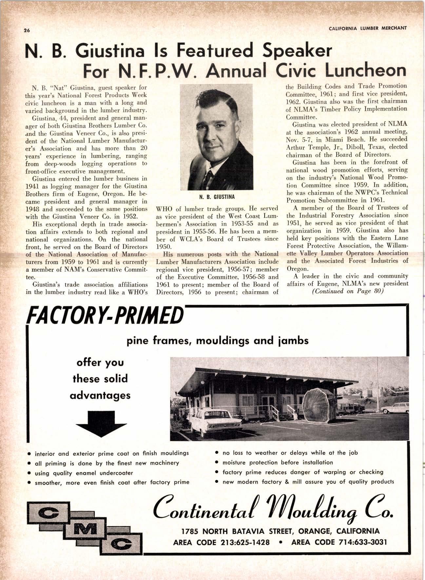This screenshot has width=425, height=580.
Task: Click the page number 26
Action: (x=27, y=30)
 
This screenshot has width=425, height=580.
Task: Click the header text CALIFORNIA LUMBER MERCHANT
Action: (x=368, y=28)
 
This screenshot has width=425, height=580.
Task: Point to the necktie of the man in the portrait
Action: (x=207, y=178)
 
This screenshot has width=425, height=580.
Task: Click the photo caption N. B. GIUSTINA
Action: (x=217, y=197)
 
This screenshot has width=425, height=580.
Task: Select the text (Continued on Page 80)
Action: (x=347, y=291)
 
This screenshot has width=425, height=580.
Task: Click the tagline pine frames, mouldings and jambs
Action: (x=218, y=341)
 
